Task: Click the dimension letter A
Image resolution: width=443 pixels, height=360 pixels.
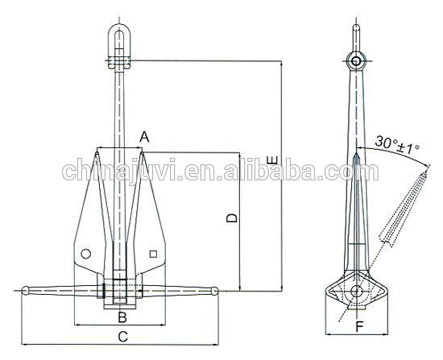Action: tap(144, 137)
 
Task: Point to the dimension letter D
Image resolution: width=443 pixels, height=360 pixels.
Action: tap(231, 218)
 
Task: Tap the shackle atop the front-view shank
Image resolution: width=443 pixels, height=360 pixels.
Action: tap(120, 44)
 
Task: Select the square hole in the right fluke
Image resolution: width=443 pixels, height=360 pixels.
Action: tap(153, 254)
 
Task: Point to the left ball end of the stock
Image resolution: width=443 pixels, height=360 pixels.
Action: tap(27, 290)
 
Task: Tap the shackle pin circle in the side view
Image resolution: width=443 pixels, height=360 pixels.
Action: tap(356, 61)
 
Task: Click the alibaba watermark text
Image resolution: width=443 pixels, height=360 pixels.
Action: tap(209, 172)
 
